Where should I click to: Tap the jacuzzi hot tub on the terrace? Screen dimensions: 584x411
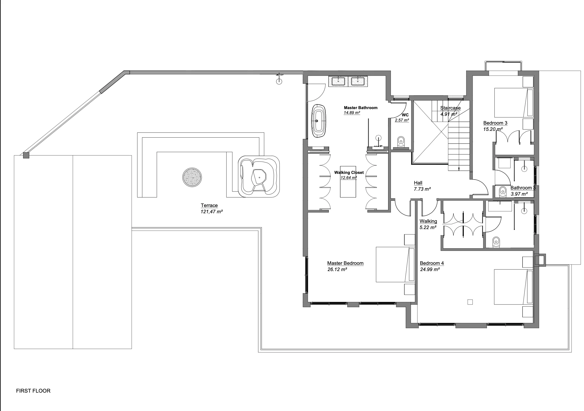point(259,176)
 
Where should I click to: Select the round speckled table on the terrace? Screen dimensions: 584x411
point(192,178)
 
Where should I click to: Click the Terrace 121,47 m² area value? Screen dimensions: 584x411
point(212,212)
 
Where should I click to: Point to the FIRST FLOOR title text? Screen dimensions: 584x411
point(33,391)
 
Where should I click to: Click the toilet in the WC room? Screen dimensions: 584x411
point(401,142)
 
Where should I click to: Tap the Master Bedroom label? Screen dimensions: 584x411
point(345,263)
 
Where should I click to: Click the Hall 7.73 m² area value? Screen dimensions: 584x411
point(422,189)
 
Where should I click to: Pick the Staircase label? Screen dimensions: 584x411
point(450,108)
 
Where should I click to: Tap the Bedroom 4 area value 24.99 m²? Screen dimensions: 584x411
point(430,270)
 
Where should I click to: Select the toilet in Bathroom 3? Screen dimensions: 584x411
point(503,191)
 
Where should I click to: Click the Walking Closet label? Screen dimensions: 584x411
point(349,173)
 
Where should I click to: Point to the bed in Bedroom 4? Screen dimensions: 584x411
point(513,287)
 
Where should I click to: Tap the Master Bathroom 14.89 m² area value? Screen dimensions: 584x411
point(352,113)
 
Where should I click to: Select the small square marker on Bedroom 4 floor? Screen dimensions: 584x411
point(470,302)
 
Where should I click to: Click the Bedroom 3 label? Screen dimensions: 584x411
point(495,123)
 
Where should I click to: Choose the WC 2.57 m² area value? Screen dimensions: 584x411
point(402,120)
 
